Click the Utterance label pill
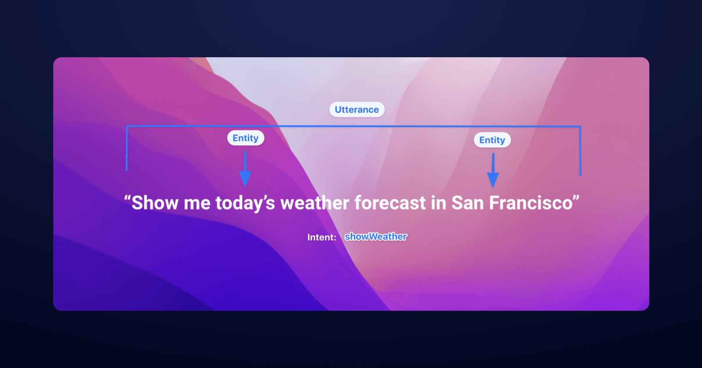(357, 110)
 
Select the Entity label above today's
(245, 138)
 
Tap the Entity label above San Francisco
(492, 140)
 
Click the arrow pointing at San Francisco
(493, 170)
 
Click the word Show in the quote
(155, 203)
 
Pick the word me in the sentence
(197, 203)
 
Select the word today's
(245, 203)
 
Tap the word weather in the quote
(315, 203)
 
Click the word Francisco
(531, 203)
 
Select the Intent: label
(322, 237)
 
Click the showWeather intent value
(376, 237)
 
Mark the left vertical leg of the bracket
(127, 149)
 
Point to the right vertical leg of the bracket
(580, 151)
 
